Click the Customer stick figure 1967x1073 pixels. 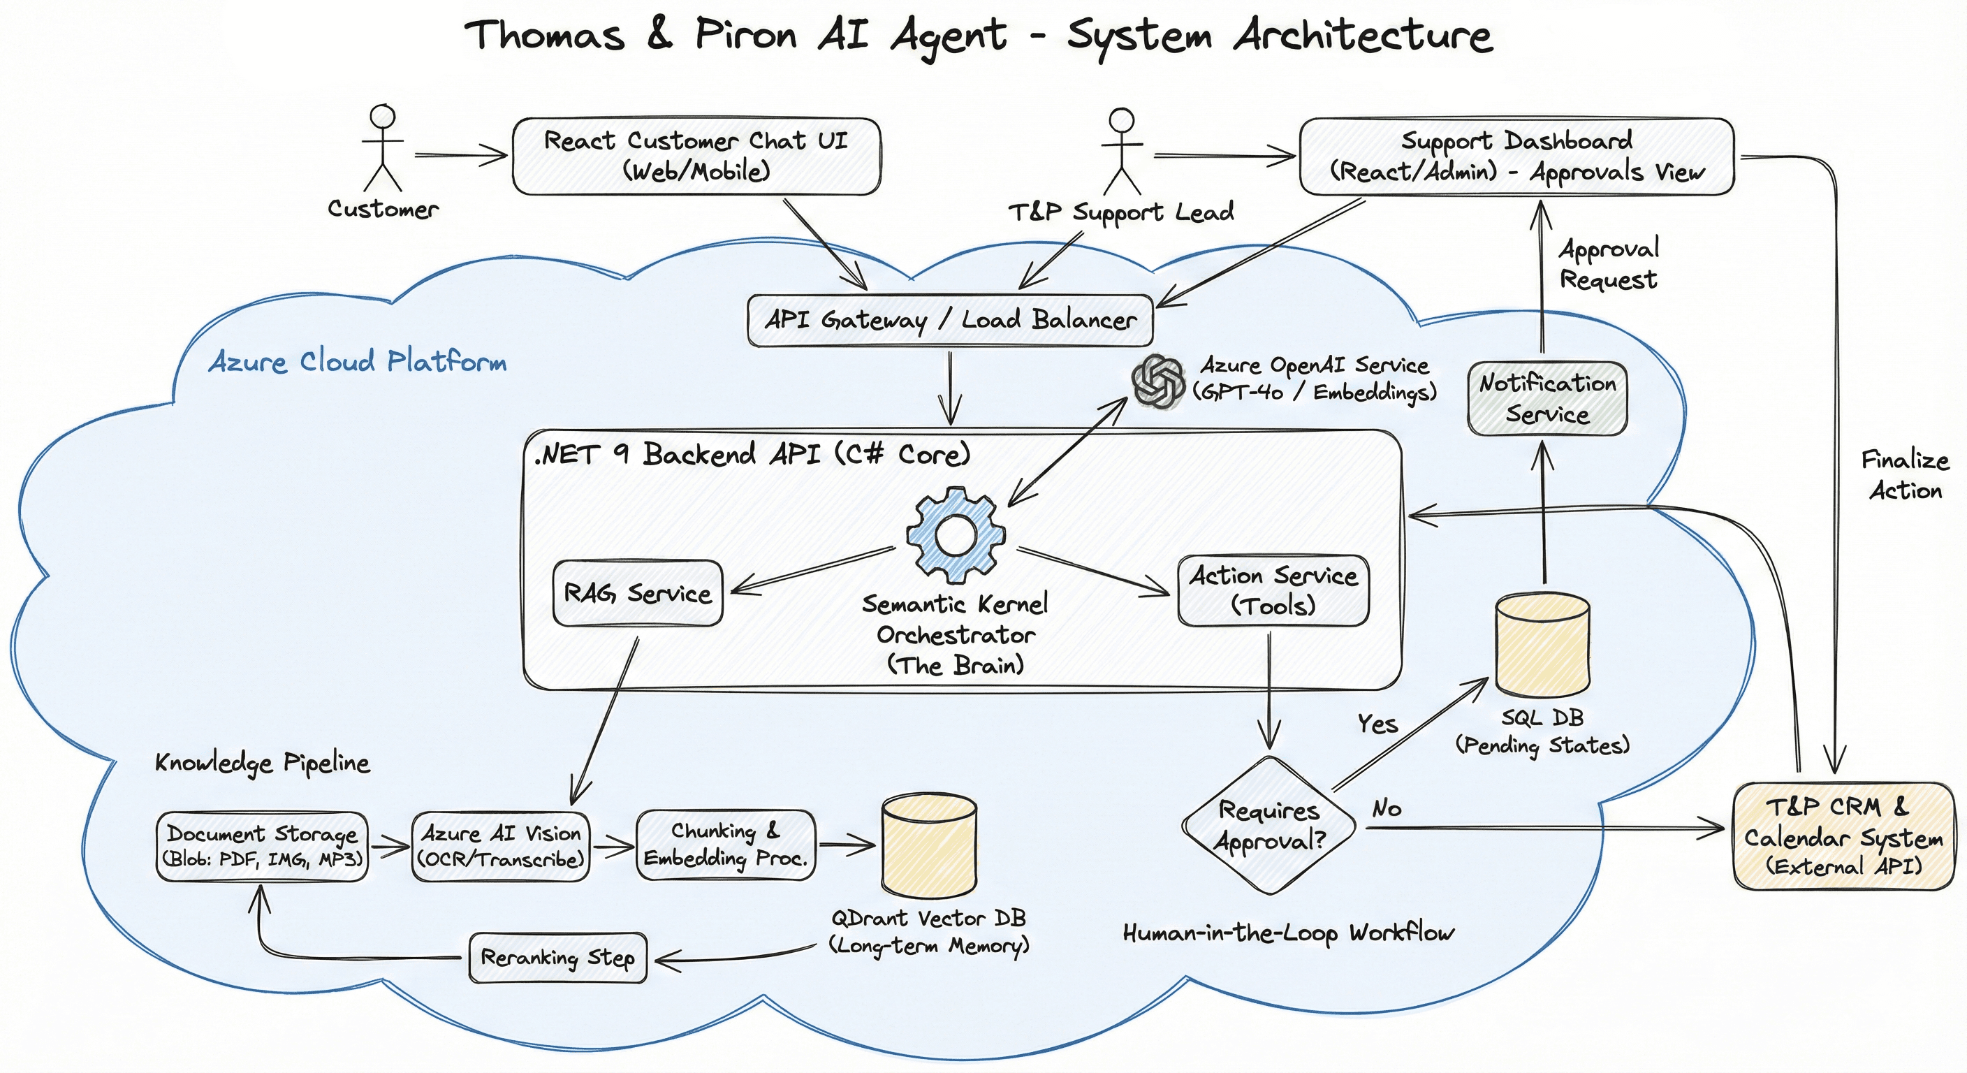(382, 149)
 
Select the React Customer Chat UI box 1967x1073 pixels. (696, 156)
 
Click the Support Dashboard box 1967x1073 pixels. (1516, 156)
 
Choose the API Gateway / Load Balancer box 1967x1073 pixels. (949, 321)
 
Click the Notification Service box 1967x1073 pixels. (1547, 399)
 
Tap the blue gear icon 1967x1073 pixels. (956, 536)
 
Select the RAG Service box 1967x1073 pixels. (637, 593)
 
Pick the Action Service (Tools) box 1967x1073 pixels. (1273, 590)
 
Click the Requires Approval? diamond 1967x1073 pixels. (1269, 826)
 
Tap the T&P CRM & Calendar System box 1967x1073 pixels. (1843, 836)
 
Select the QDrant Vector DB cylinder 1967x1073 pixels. (928, 845)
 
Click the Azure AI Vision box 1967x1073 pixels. (501, 846)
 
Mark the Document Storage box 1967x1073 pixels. (262, 846)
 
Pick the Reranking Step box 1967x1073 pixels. (557, 958)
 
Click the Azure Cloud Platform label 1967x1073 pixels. (358, 361)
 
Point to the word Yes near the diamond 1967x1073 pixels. (1377, 723)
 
